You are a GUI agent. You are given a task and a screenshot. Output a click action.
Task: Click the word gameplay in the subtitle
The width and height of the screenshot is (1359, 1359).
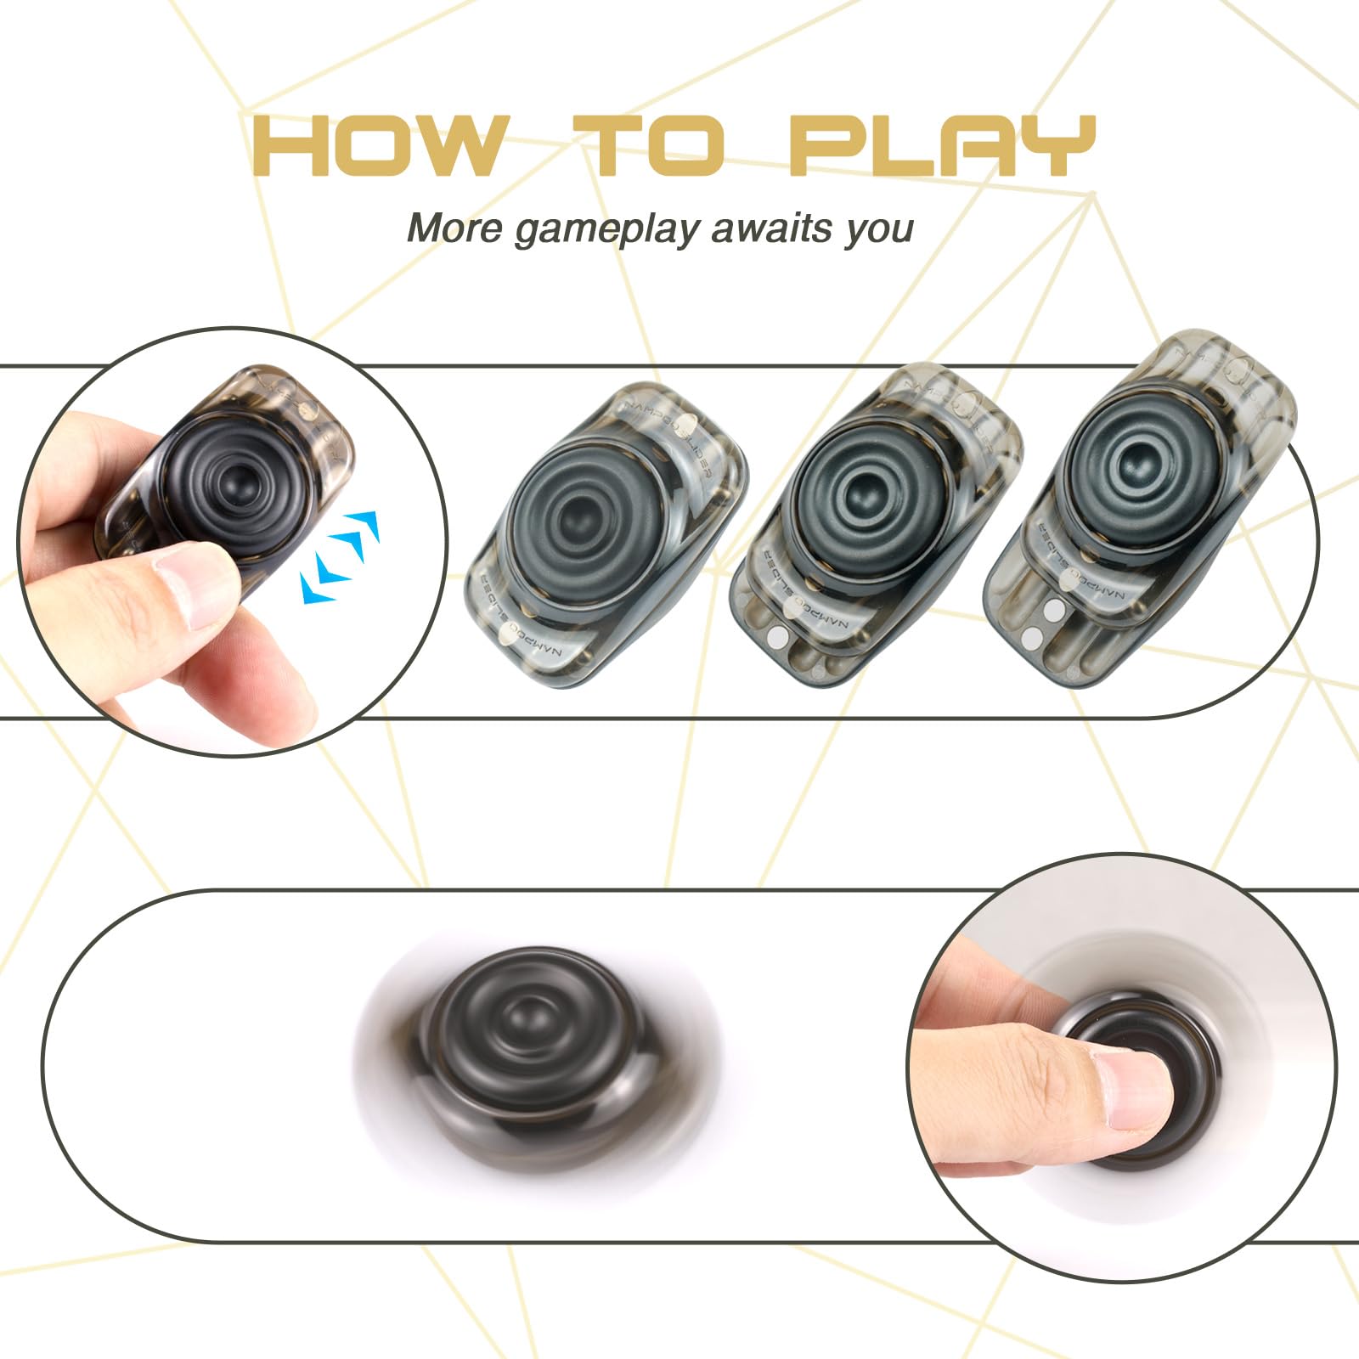pyautogui.click(x=607, y=229)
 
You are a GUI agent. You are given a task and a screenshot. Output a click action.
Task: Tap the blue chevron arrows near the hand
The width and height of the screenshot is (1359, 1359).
pyautogui.click(x=340, y=556)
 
